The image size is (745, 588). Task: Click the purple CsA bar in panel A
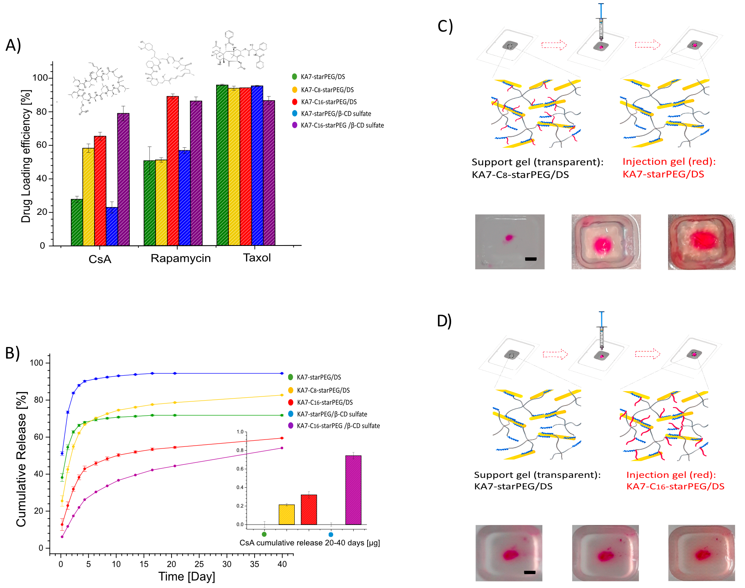click(123, 180)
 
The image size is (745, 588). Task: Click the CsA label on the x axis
click(100, 259)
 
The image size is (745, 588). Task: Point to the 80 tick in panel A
click(42, 112)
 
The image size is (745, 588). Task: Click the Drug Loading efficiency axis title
click(26, 156)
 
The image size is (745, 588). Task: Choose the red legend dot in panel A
click(295, 102)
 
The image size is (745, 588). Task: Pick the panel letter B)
click(12, 353)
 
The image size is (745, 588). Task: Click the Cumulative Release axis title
click(21, 459)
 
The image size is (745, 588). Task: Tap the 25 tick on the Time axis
click(199, 564)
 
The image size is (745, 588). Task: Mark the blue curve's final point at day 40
click(282, 373)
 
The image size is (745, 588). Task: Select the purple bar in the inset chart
click(353, 490)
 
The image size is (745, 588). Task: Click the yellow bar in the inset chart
click(287, 515)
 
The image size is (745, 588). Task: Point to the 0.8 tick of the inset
click(240, 451)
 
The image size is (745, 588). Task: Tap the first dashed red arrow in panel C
click(554, 45)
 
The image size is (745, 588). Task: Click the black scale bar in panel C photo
click(531, 259)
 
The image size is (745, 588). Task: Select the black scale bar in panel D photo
click(530, 572)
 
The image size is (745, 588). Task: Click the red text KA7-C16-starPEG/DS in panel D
click(675, 487)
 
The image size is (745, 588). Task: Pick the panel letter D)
click(444, 321)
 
